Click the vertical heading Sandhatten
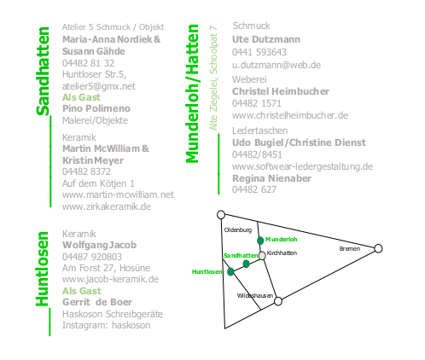tap(44, 71)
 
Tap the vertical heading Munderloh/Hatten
tap(192, 94)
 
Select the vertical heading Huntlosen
tap(43, 269)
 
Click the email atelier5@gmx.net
tap(99, 86)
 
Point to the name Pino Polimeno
tap(96, 108)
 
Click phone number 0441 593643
tap(259, 52)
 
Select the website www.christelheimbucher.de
tap(290, 115)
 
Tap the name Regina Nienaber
tap(271, 178)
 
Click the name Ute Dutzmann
tap(266, 39)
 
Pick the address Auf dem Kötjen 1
tap(98, 183)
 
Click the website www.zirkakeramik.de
tap(107, 206)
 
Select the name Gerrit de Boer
tap(97, 302)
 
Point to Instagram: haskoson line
tap(106, 325)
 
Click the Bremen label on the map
tap(350, 249)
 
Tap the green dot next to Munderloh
tap(260, 241)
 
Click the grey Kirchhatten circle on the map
tap(262, 256)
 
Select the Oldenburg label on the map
tap(238, 230)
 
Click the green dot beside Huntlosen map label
tap(230, 272)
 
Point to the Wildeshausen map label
tap(255, 296)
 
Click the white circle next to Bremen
tap(378, 248)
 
